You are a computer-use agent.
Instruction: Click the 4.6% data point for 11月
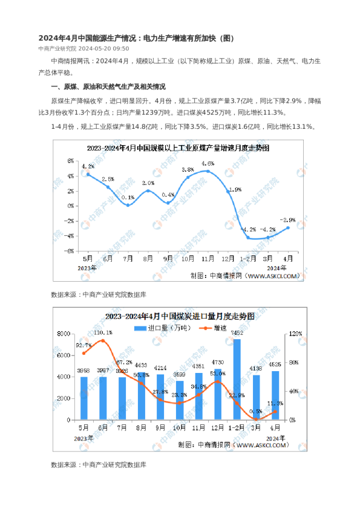click(x=208, y=171)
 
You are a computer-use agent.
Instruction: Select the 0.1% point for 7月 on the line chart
click(x=128, y=205)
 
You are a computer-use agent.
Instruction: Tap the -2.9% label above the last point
click(x=287, y=220)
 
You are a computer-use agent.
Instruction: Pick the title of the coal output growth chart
click(x=178, y=148)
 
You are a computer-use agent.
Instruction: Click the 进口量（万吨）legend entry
click(x=163, y=328)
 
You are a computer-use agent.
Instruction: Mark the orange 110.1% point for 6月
click(x=103, y=341)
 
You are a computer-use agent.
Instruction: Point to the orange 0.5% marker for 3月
click(x=257, y=419)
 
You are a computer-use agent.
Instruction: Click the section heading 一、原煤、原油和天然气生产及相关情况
click(x=108, y=86)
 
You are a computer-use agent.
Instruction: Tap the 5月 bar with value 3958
click(x=84, y=398)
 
